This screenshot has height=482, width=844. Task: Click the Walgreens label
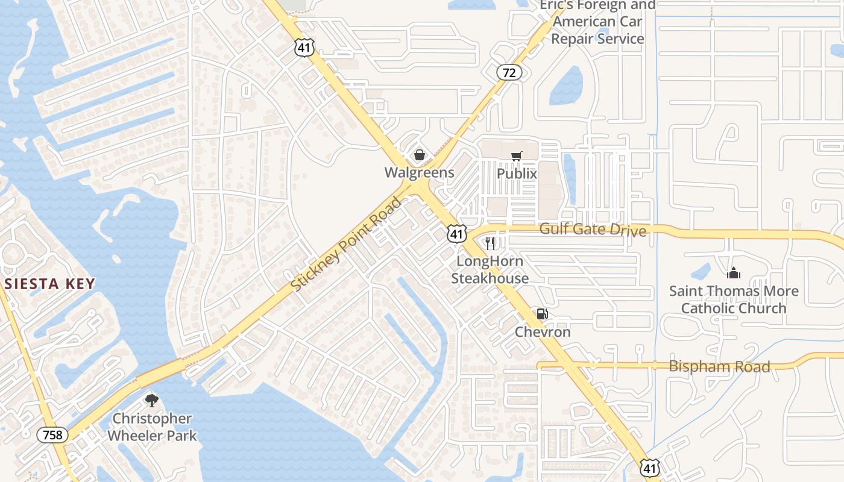pyautogui.click(x=420, y=172)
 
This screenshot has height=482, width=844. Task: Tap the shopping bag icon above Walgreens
pyautogui.click(x=420, y=155)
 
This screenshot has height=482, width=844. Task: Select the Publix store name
pyautogui.click(x=517, y=174)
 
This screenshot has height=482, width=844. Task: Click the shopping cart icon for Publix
pyautogui.click(x=516, y=157)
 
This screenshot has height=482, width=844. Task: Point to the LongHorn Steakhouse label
pyautogui.click(x=490, y=270)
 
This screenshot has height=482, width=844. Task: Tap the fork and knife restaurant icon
pyautogui.click(x=490, y=243)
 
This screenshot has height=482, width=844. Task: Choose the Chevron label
pyautogui.click(x=543, y=332)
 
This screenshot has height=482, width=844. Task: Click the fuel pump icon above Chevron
pyautogui.click(x=542, y=314)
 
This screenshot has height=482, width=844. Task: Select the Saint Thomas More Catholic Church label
pyautogui.click(x=734, y=299)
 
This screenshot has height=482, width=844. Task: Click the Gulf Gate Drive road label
pyautogui.click(x=593, y=230)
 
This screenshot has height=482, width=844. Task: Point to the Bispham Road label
pyautogui.click(x=719, y=366)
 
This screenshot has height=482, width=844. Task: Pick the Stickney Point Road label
pyautogui.click(x=346, y=244)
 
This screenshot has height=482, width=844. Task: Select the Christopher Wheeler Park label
pyautogui.click(x=152, y=427)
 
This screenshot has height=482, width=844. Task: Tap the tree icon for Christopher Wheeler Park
pyautogui.click(x=152, y=400)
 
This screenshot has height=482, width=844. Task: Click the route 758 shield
pyautogui.click(x=52, y=434)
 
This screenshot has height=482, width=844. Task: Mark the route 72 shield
pyautogui.click(x=509, y=73)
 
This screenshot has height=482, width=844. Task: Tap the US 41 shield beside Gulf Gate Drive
pyautogui.click(x=457, y=234)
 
